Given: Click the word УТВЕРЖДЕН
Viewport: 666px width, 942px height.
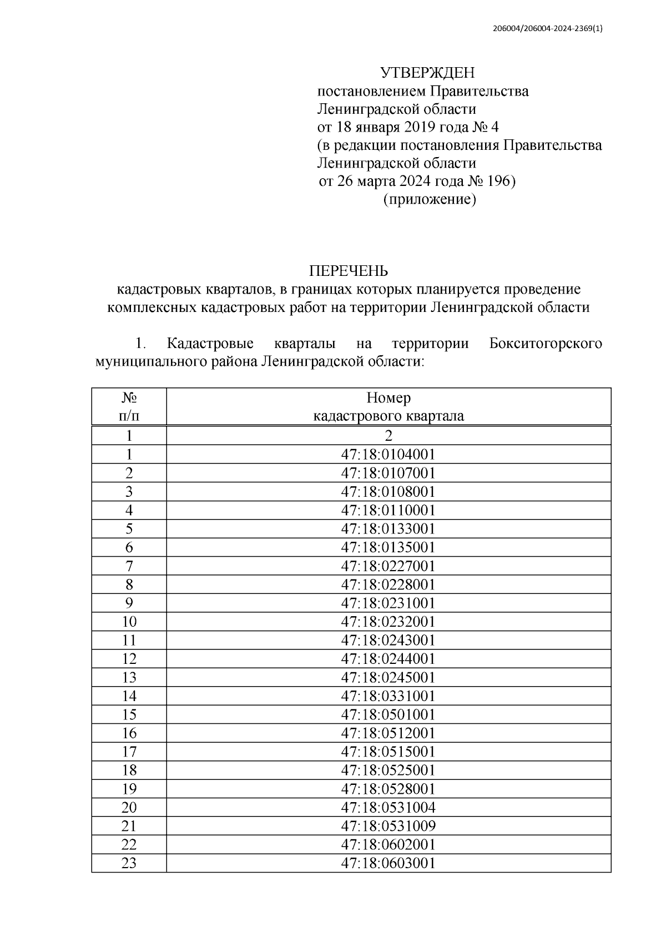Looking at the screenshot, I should [427, 73].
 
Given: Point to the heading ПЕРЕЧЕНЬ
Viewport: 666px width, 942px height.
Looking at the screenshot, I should [349, 271].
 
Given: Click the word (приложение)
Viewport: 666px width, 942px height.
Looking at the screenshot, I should [430, 200].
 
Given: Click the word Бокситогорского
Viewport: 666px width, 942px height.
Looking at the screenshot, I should [546, 344].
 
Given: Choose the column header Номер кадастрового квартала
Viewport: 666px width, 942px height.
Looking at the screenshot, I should [389, 407].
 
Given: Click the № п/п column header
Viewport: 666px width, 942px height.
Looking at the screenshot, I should [129, 407].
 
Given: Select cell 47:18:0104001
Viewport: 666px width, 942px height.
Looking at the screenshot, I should [389, 455].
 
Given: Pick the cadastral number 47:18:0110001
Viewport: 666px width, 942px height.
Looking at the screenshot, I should [389, 510].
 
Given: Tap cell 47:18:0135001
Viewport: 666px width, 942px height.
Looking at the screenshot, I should [389, 547].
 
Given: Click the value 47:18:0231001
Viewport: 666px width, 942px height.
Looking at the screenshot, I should [389, 603].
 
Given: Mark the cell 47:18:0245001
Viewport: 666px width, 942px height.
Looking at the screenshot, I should [389, 677].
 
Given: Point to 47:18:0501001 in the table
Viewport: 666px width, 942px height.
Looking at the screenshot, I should [389, 714].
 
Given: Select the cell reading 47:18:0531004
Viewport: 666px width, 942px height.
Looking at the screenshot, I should [389, 807].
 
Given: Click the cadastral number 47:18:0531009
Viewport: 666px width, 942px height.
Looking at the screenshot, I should [389, 826].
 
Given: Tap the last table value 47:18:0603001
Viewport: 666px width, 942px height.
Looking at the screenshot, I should [389, 863].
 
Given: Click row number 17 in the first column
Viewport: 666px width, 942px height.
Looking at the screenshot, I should [129, 752].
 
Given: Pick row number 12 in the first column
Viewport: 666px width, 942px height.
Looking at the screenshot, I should [129, 659].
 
